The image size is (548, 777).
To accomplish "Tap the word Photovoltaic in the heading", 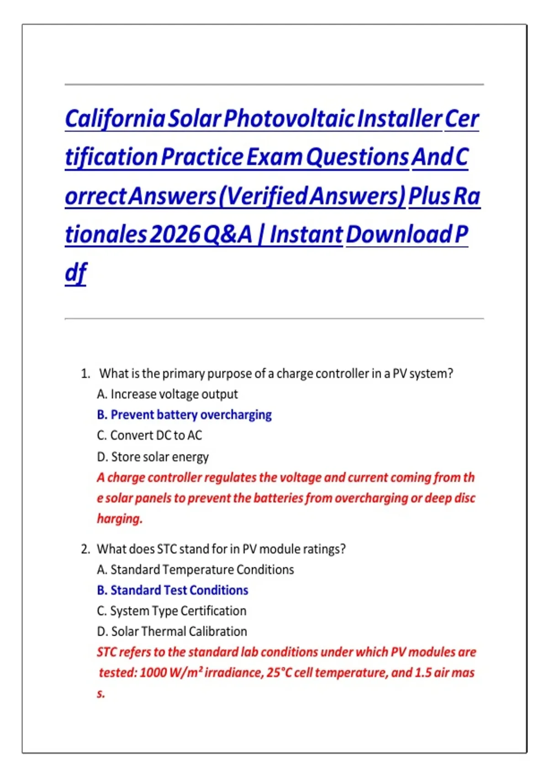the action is [289, 119].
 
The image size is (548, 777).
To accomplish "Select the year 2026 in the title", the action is [176, 234].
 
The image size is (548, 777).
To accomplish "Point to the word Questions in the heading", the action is [358, 157].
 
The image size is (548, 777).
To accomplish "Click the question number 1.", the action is [85, 373].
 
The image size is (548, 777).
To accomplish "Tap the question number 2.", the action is [85, 549].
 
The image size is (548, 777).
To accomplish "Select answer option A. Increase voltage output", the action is [168, 394].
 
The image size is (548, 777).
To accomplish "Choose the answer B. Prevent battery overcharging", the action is [184, 415].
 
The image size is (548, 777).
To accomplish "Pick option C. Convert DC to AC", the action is [149, 435].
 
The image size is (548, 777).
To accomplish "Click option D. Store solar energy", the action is [153, 457].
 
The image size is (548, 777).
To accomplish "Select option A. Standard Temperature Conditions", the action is [195, 569].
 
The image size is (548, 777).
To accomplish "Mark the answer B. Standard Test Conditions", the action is [173, 590].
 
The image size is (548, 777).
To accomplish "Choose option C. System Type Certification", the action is [172, 611].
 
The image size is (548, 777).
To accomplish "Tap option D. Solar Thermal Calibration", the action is [172, 631].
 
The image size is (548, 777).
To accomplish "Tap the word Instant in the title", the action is [306, 234].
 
